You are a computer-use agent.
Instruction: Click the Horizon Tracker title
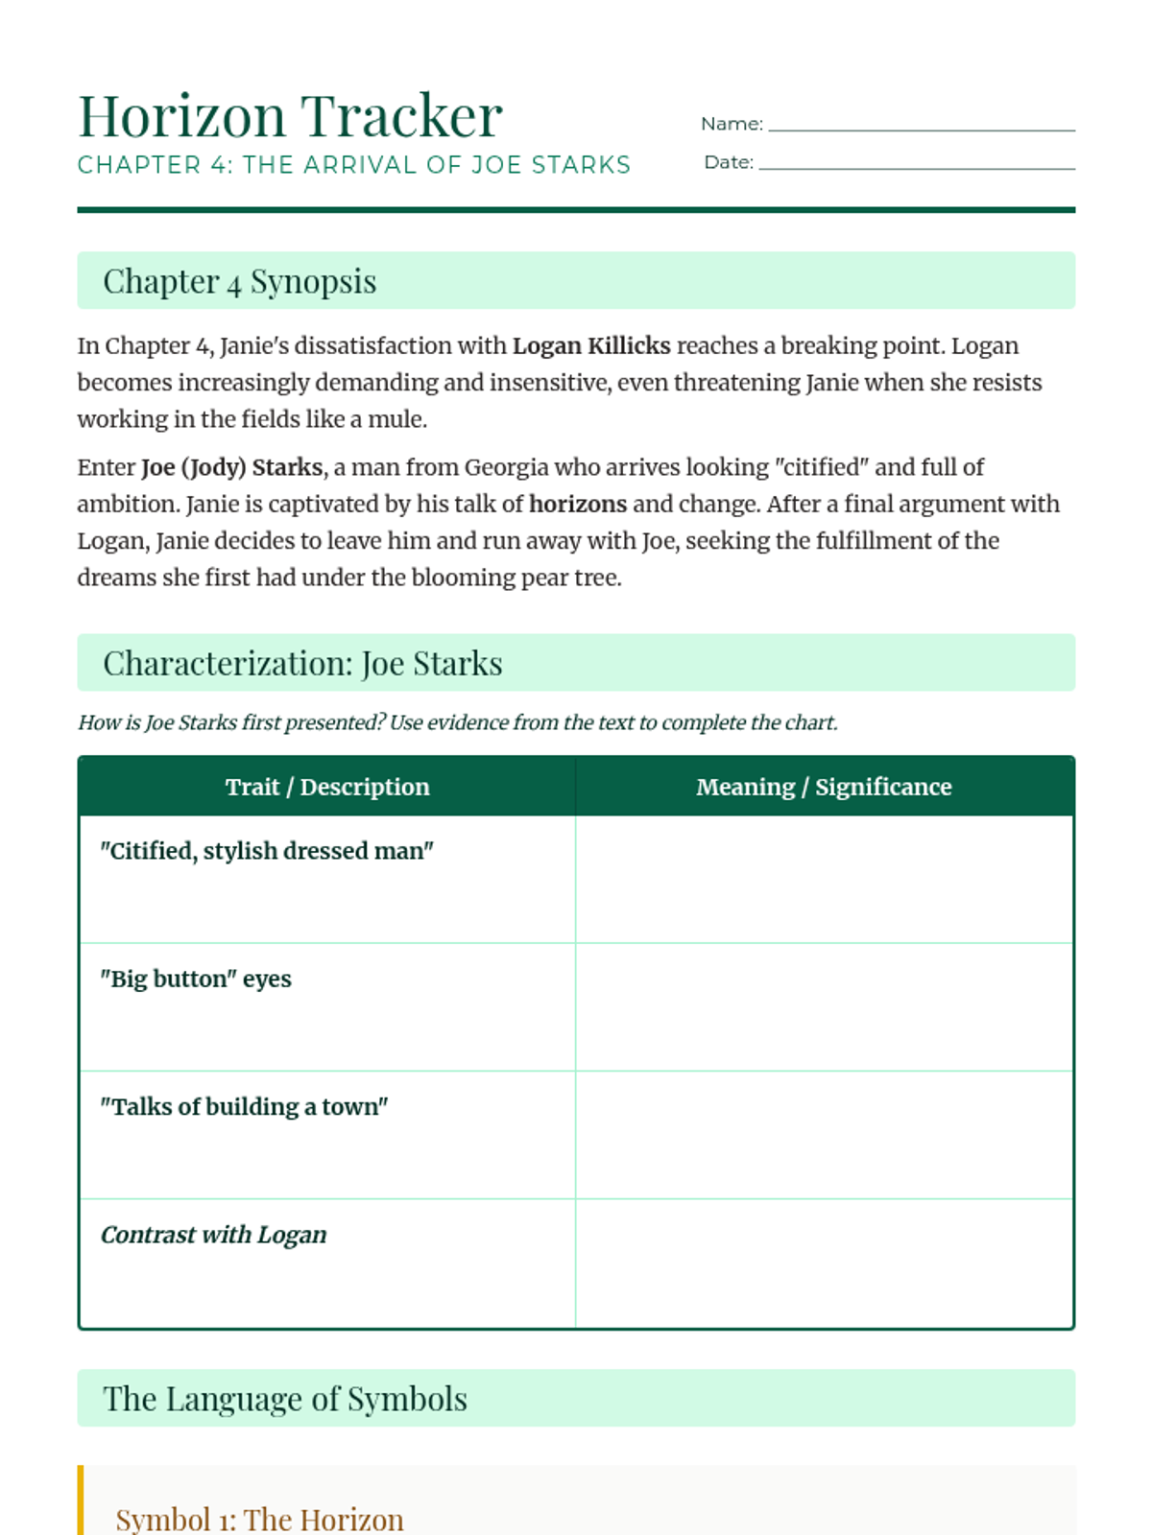(290, 116)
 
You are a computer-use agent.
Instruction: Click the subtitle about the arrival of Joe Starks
(353, 165)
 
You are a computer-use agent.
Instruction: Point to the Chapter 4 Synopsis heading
(239, 281)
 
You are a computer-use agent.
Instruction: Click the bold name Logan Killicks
(591, 345)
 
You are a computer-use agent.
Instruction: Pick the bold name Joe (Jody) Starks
(231, 467)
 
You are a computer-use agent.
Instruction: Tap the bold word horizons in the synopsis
(578, 504)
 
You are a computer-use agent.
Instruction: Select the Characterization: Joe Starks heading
(302, 663)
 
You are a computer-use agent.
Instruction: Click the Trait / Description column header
(327, 787)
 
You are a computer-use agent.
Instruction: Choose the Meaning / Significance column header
(824, 787)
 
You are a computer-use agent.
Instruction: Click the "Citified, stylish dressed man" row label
(267, 851)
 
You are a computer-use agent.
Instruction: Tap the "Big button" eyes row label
(196, 979)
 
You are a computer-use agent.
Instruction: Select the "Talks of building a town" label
(244, 1106)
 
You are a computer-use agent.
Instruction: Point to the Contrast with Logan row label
(214, 1235)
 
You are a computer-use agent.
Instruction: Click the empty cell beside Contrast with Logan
(824, 1263)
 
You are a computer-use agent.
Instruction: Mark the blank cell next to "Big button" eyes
(824, 1006)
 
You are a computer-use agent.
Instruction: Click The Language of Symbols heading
(285, 1399)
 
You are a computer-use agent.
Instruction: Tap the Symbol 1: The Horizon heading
(259, 1519)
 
